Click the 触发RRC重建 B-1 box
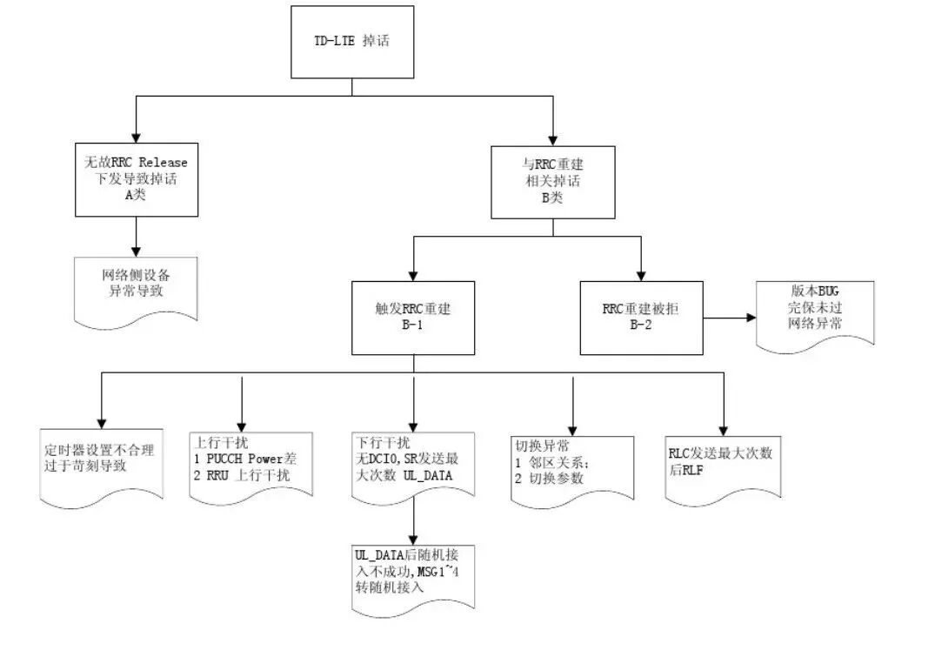(413, 318)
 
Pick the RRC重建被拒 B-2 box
(641, 318)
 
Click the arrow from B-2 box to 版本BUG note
(729, 318)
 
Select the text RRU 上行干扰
(247, 476)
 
